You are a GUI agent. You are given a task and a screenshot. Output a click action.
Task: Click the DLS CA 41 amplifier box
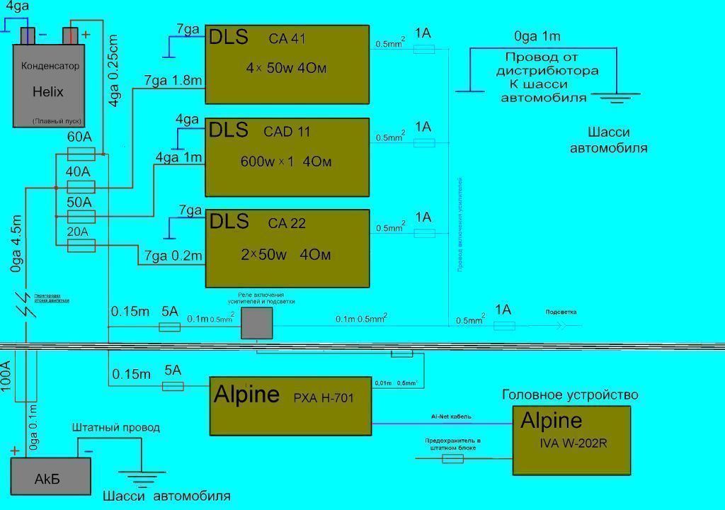click(x=287, y=64)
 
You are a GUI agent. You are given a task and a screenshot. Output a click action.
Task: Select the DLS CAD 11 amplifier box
click(x=287, y=157)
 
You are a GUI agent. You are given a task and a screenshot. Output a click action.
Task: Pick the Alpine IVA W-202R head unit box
click(x=571, y=440)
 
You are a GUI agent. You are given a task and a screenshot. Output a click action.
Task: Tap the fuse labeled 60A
click(x=81, y=154)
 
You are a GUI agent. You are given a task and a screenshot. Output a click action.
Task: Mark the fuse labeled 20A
click(x=81, y=246)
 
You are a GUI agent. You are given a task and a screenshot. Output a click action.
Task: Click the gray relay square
click(x=256, y=323)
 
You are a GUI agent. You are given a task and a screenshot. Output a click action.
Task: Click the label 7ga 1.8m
click(x=173, y=81)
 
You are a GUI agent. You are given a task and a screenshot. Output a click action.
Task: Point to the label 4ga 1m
click(x=179, y=157)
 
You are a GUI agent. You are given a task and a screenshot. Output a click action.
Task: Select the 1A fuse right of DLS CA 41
click(x=423, y=49)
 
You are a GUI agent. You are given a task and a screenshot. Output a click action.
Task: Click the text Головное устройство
click(x=570, y=395)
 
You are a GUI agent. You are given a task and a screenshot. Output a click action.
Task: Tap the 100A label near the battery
click(x=7, y=382)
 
